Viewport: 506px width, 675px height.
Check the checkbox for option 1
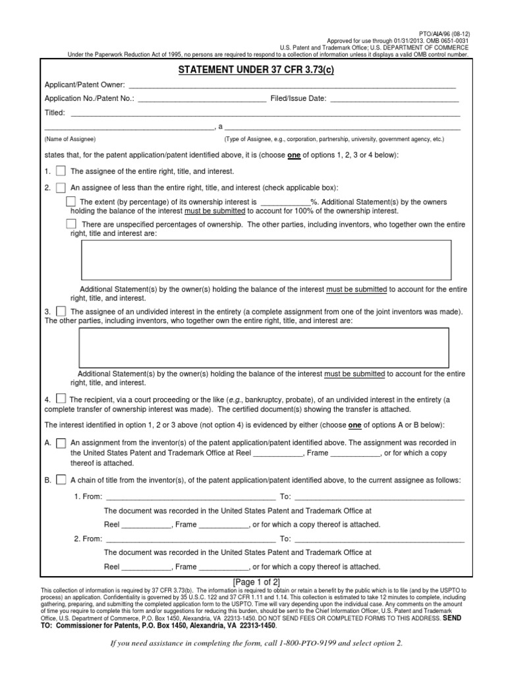pos(61,171)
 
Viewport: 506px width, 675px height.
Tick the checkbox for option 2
pos(61,187)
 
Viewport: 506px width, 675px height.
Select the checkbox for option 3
pos(61,310)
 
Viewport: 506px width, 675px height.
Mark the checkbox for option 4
pos(61,398)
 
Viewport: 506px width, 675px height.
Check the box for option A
pos(61,443)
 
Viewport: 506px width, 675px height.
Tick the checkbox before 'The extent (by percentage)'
pos(71,201)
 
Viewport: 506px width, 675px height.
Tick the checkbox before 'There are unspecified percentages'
pos(71,224)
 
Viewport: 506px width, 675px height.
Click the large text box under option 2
pos(266,260)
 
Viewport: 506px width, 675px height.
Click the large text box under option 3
pos(264,347)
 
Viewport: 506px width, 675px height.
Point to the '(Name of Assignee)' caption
pos(70,140)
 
